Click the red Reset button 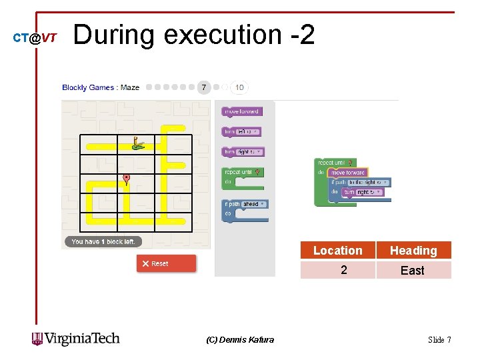(166, 263)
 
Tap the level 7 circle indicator (204, 87)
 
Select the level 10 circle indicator (239, 87)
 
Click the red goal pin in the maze (126, 179)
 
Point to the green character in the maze (137, 143)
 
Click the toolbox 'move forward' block (241, 111)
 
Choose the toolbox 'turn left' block (241, 132)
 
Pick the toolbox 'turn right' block (243, 152)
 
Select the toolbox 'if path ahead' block (245, 204)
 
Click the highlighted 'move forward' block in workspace (347, 173)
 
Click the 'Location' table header (338, 251)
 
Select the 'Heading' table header (413, 251)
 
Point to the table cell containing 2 (343, 270)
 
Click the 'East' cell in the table (413, 270)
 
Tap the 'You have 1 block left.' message (103, 241)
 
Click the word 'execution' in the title (223, 35)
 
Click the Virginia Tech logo (76, 339)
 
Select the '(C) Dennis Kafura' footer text (240, 339)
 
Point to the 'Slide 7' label (439, 339)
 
